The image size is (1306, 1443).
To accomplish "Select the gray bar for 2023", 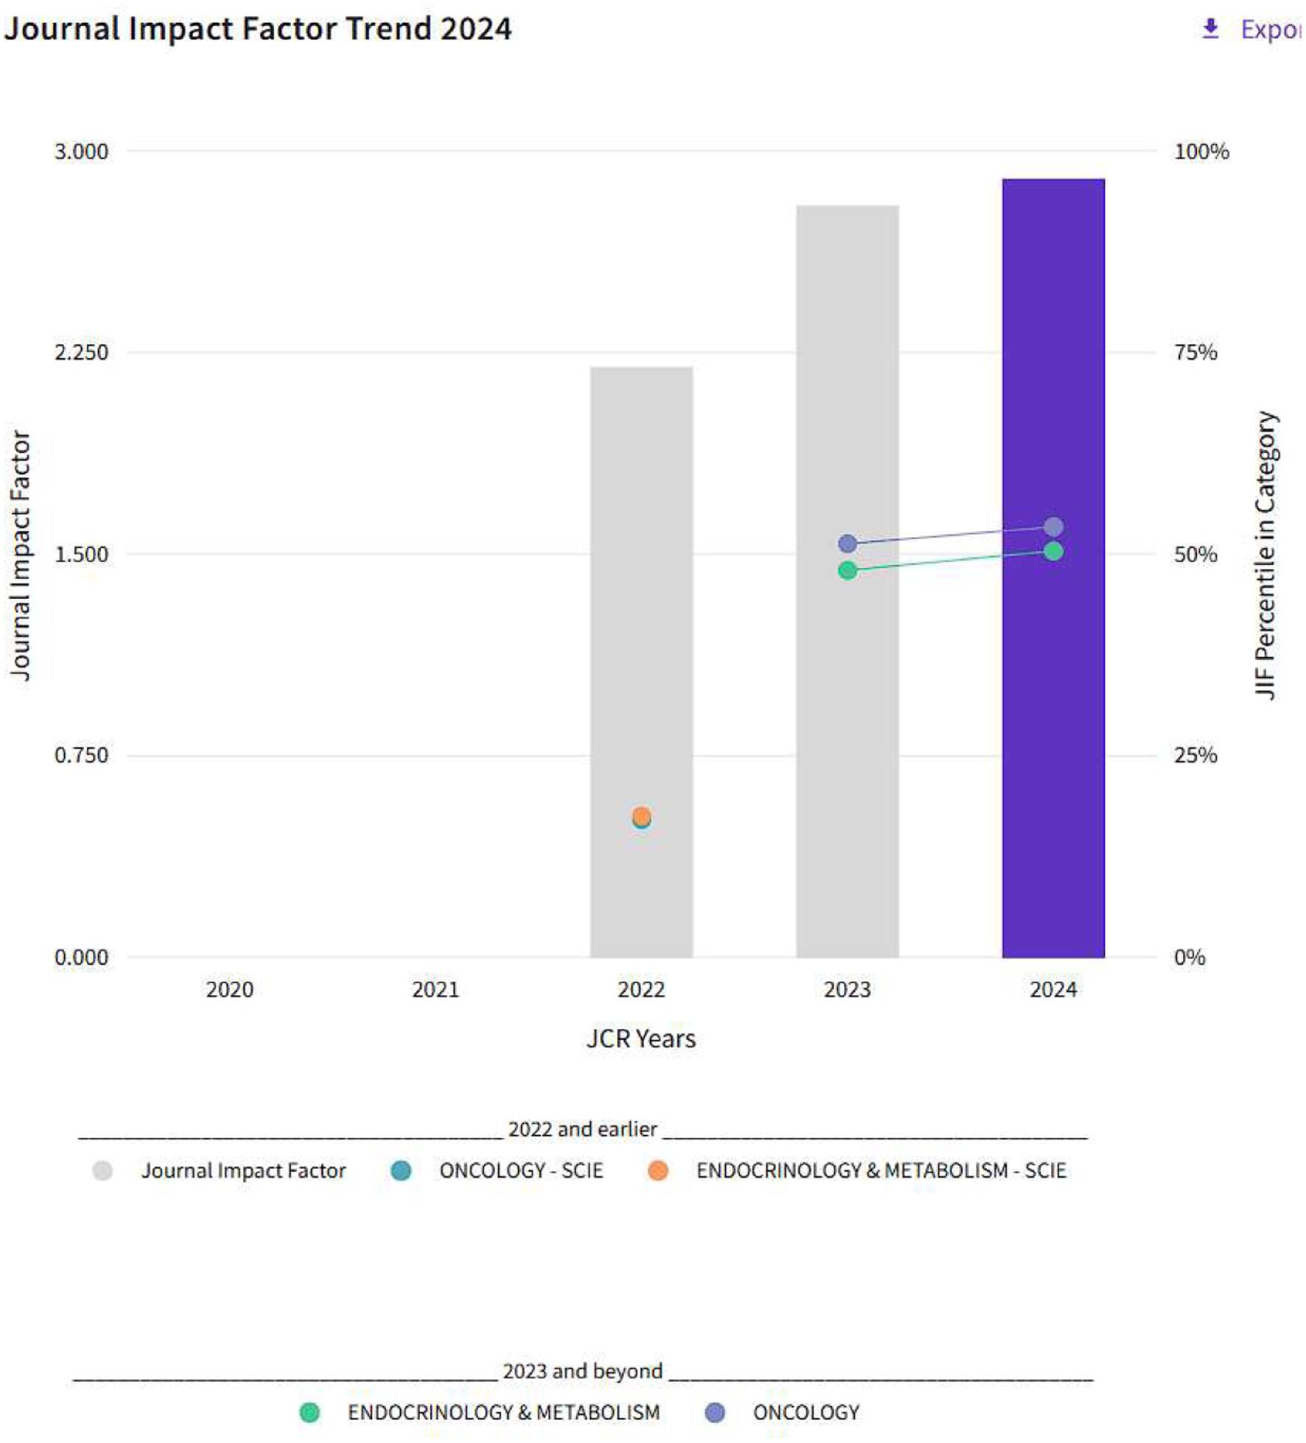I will click(847, 737).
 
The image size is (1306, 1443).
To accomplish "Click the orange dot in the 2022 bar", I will click(641, 815).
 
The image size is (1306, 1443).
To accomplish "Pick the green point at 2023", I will click(847, 570).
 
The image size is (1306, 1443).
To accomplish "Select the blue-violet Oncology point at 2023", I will click(847, 544).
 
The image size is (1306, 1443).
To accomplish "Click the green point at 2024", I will click(1053, 551).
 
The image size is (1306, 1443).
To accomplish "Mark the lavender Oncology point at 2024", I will click(1053, 527).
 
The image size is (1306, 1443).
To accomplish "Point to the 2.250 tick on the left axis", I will click(81, 352).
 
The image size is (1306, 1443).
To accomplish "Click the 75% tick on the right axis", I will click(1195, 352).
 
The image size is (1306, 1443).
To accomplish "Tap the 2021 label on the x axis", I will click(435, 989).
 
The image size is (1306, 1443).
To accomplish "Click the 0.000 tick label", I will click(81, 957).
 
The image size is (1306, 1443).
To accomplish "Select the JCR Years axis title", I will click(640, 1038).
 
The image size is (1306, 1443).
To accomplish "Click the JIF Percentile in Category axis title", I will click(1265, 554).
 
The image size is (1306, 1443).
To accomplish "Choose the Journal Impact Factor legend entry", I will click(242, 1170).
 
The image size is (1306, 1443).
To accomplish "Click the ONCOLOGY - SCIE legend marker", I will click(401, 1170).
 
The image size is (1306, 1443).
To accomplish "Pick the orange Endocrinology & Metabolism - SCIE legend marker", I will click(657, 1170).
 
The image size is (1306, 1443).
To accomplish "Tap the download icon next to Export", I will click(1210, 29).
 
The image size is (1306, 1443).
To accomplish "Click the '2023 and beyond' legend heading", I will click(582, 1371).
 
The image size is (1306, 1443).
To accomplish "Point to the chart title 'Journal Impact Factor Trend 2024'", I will click(257, 29).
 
